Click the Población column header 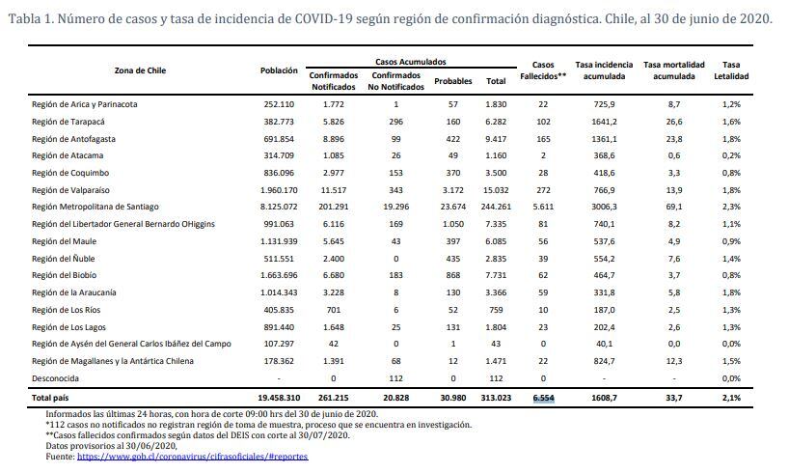click(279, 70)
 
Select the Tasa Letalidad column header click(731, 70)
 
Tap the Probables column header click(453, 81)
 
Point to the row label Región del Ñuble click(63, 259)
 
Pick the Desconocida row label click(55, 378)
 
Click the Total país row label click(50, 398)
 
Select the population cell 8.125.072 click(279, 207)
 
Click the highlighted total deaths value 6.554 click(543, 398)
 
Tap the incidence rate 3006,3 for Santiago click(605, 207)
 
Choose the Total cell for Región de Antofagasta click(496, 139)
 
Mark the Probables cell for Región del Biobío click(453, 275)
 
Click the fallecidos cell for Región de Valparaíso click(543, 190)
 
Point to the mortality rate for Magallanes click(674, 361)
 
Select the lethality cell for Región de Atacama click(731, 155)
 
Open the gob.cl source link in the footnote click(192, 457)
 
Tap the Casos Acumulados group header click(411, 62)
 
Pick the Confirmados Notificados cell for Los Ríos click(334, 310)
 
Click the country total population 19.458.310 click(279, 398)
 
